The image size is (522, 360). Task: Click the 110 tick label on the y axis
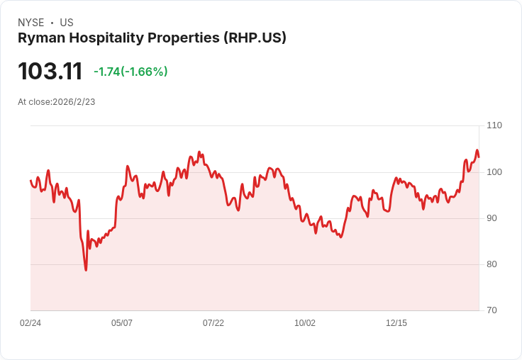494,125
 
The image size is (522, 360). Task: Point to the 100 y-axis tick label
494,172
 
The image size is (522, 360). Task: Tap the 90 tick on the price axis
492,218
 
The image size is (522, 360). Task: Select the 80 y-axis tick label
492,264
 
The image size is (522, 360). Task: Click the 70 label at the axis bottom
492,310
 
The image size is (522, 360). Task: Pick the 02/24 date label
30,323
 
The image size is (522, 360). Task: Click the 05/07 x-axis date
122,323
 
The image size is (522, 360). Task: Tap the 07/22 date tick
213,323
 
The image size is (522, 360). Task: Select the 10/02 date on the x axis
305,323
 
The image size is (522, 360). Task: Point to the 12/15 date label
396,323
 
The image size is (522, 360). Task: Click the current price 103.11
50,72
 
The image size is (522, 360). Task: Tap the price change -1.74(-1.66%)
130,72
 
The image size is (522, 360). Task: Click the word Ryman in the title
38,38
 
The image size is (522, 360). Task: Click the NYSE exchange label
30,23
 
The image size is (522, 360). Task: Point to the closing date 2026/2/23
74,102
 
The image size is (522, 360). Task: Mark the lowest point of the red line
86,270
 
